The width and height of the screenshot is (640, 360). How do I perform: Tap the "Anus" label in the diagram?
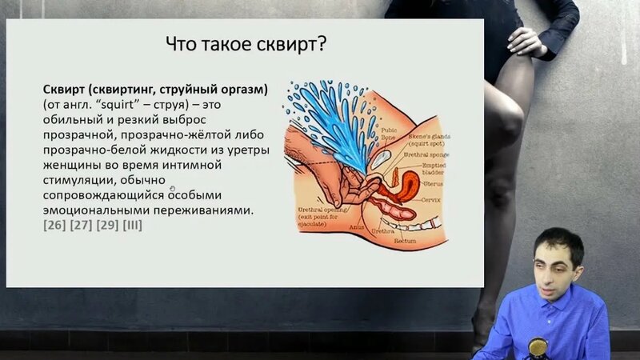click(357, 226)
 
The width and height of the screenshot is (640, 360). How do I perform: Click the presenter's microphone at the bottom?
click(538, 347)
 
